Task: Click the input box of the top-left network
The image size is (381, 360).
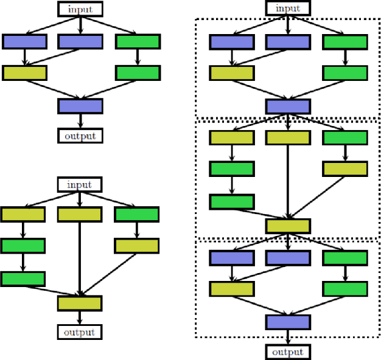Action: (x=80, y=9)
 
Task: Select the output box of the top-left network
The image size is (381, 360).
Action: (x=80, y=135)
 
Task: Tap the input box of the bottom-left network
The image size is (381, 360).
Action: (x=80, y=184)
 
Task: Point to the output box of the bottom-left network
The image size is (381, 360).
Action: (x=80, y=331)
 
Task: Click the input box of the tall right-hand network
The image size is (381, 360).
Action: (x=288, y=9)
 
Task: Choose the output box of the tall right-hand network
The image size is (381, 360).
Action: (x=288, y=351)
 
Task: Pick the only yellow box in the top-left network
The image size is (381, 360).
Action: (x=24, y=73)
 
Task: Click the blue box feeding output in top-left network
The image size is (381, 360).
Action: (x=80, y=106)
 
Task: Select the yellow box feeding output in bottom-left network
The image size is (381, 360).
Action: (x=80, y=303)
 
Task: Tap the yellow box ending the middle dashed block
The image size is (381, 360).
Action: (x=288, y=226)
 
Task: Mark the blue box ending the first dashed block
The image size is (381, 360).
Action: (x=288, y=106)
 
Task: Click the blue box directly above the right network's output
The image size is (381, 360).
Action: (x=288, y=322)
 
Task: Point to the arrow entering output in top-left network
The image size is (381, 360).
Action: (x=80, y=120)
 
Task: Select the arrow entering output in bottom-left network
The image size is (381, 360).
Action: (x=80, y=317)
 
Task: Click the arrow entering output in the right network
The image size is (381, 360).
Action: (x=288, y=337)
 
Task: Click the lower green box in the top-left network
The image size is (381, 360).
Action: (x=138, y=73)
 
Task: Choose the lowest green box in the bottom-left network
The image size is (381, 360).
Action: (x=23, y=279)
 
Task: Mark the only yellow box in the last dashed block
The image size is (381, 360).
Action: (x=232, y=288)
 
